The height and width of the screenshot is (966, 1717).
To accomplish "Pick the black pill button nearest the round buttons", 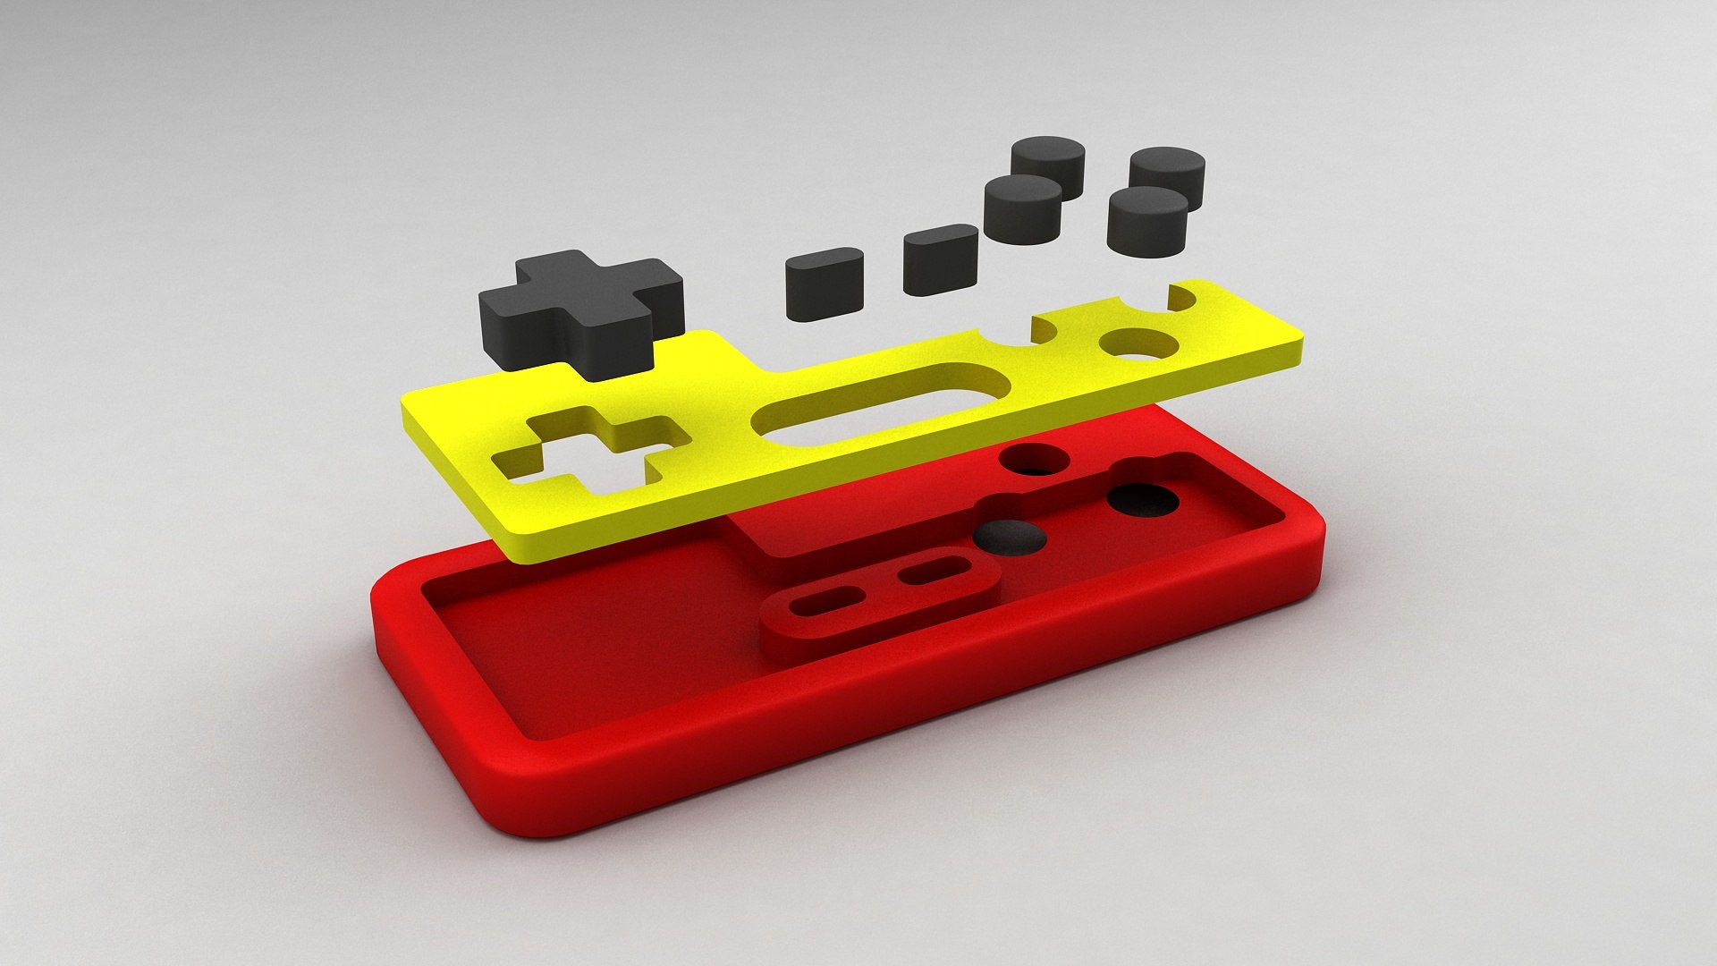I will [x=940, y=258].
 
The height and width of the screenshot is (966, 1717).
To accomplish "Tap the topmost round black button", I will [x=1048, y=165].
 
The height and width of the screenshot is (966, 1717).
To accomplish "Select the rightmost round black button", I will [x=1167, y=177].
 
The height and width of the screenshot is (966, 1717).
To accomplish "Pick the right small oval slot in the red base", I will [x=935, y=570].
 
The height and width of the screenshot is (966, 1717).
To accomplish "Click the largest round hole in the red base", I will [x=1144, y=500].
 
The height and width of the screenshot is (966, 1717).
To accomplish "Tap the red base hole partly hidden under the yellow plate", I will [x=1036, y=460].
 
